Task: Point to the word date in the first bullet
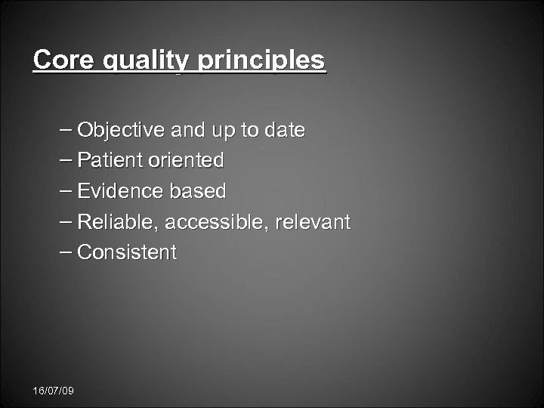[x=284, y=130]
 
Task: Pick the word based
[x=198, y=191]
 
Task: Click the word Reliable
[x=119, y=222]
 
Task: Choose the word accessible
[x=218, y=222]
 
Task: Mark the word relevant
[x=314, y=222]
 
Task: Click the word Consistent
[x=127, y=252]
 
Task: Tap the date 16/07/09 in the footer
[x=54, y=391]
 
